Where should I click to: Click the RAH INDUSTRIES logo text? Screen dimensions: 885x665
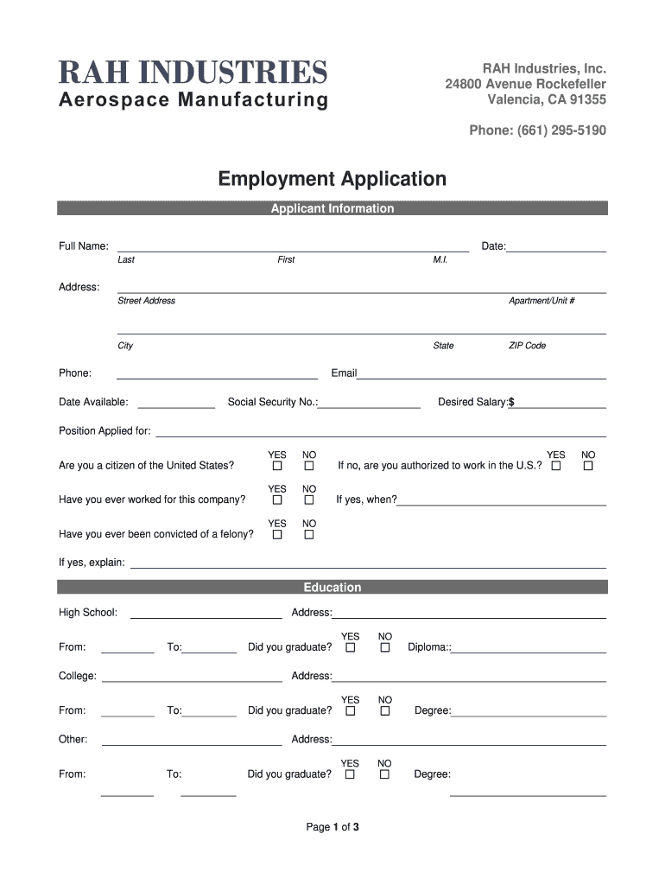pos(193,71)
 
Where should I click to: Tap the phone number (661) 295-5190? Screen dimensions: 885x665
pos(537,131)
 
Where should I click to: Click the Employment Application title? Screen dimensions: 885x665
pos(332,179)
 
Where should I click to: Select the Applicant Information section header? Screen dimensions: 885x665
pos(332,208)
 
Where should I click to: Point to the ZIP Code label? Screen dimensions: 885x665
pos(527,346)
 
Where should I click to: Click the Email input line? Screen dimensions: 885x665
pos(481,375)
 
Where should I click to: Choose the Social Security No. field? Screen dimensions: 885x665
pos(369,404)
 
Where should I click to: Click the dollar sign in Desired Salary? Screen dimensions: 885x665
pos(511,402)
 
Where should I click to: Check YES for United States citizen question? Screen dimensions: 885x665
pos(277,466)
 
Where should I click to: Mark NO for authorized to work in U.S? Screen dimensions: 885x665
pos(588,466)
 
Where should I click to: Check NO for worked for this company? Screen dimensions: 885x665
pos(308,500)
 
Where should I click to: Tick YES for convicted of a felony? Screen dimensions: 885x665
pos(277,534)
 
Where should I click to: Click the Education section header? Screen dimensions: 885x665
pos(332,588)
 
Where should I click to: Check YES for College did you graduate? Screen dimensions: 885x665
pos(351,710)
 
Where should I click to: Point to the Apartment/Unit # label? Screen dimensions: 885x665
pos(541,301)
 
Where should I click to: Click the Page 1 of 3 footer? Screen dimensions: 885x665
pos(332,827)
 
